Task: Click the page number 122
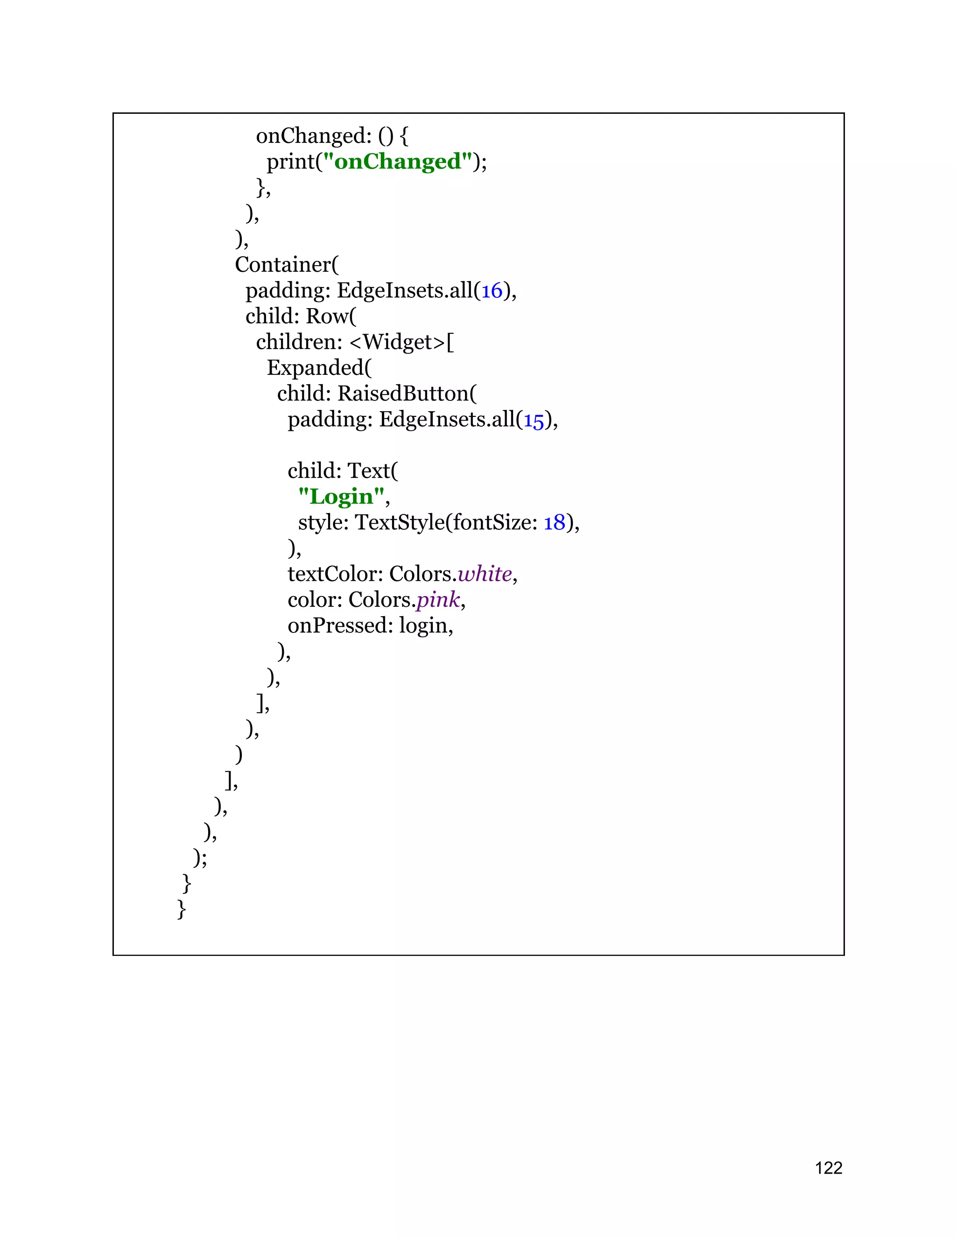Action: coord(828,1167)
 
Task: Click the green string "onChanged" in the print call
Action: coord(397,162)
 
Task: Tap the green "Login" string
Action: coord(342,497)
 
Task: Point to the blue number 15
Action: coord(534,420)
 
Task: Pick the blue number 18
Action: coord(555,523)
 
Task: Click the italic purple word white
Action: coord(485,574)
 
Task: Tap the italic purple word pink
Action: coord(438,600)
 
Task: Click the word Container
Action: coord(284,265)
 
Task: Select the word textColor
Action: coord(335,574)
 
